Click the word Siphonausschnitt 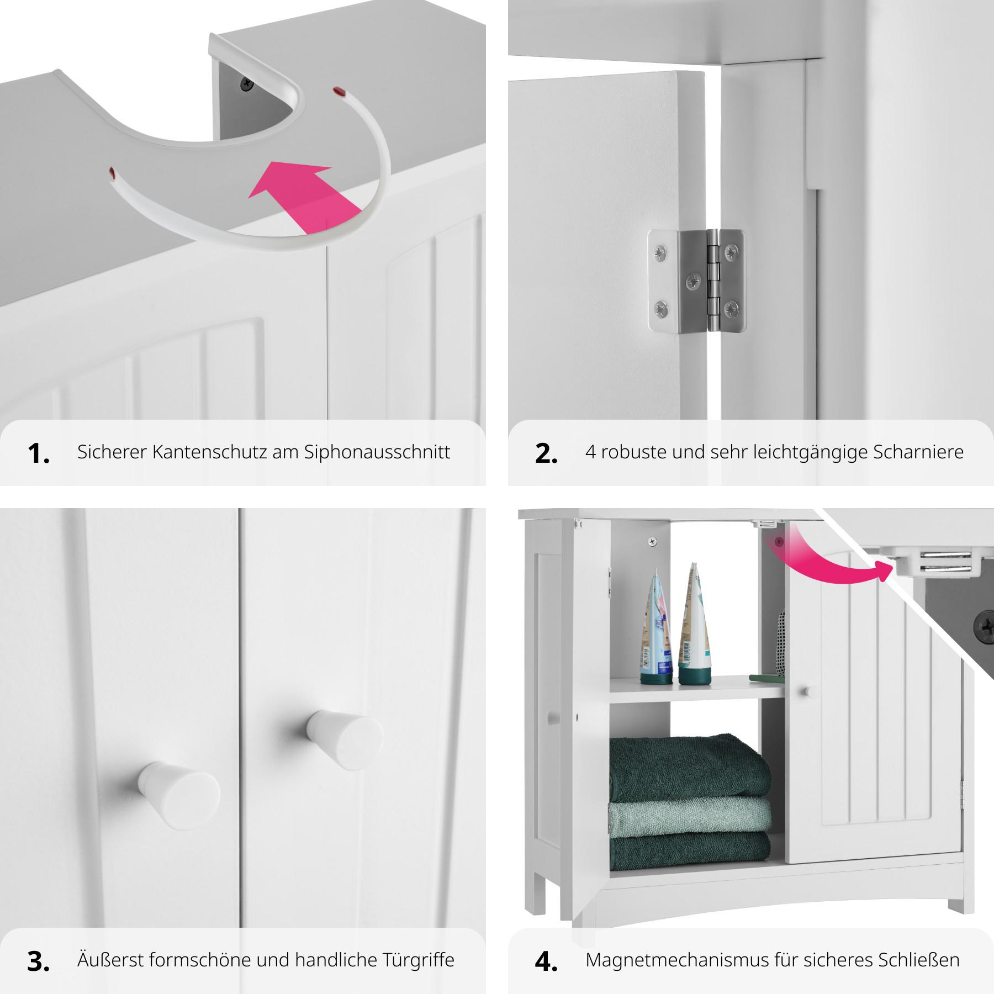377,452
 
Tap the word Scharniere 918,452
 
